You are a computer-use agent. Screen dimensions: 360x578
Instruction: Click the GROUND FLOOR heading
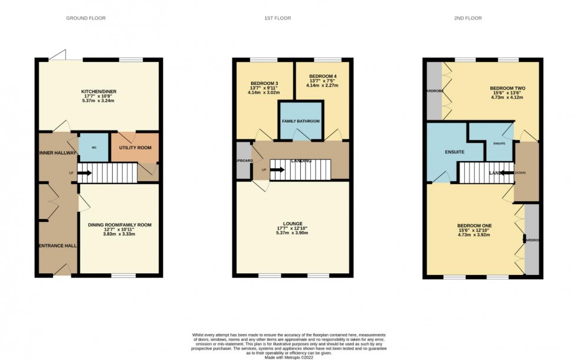click(x=86, y=18)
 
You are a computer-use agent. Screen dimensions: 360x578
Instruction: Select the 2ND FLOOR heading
click(x=468, y=18)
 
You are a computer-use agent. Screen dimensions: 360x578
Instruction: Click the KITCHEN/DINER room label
click(x=98, y=91)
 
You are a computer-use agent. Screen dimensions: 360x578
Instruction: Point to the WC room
click(x=94, y=148)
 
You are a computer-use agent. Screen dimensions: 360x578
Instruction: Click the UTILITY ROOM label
click(x=135, y=147)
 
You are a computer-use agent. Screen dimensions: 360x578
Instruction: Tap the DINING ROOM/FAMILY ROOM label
click(x=120, y=225)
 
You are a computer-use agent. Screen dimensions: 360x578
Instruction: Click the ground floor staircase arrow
click(x=85, y=173)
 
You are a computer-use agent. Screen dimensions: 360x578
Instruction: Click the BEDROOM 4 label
click(x=322, y=76)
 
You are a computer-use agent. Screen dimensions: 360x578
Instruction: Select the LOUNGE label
click(x=293, y=224)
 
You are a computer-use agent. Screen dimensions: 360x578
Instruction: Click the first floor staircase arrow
click(x=277, y=170)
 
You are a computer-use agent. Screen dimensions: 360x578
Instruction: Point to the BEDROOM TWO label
click(x=507, y=89)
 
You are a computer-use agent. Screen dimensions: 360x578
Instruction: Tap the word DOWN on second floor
click(x=520, y=173)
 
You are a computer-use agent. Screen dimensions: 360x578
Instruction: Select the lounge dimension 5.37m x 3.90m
click(x=293, y=233)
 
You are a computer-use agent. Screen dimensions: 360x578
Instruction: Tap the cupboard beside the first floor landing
click(x=243, y=161)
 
